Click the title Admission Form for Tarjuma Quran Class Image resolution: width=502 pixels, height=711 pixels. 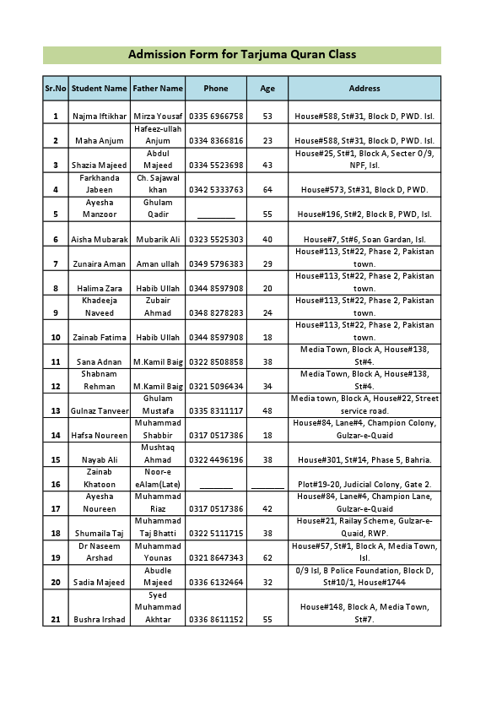coord(242,55)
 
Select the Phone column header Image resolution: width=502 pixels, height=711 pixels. coord(216,89)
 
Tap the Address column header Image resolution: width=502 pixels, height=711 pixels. coord(364,89)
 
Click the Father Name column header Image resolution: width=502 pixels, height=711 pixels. coord(158,89)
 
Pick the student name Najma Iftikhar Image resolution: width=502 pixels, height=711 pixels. coord(100,117)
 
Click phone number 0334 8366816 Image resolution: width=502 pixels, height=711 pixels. coord(216,141)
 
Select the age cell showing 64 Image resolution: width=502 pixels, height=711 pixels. coord(267,190)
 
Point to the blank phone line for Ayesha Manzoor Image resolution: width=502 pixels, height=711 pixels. coord(216,214)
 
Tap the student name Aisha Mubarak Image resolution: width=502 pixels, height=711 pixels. coord(100,240)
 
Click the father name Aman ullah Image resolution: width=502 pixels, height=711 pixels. coord(158,264)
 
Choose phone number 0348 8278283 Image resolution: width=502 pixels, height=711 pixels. coord(216,313)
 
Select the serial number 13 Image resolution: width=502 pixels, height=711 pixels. coord(56,411)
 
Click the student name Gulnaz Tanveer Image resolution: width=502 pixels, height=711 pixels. coord(100,411)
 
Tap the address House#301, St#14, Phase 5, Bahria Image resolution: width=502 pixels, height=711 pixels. coord(364,460)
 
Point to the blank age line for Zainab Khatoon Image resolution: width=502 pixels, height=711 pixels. coord(267,485)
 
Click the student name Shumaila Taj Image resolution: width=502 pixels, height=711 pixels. coord(100,534)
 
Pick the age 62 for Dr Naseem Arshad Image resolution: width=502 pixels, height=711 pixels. coord(267,558)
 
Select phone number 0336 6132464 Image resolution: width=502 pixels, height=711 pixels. coord(216,583)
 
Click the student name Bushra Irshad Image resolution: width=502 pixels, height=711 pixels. coord(100,620)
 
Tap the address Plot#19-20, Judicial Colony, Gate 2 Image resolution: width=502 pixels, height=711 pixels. coord(364,485)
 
